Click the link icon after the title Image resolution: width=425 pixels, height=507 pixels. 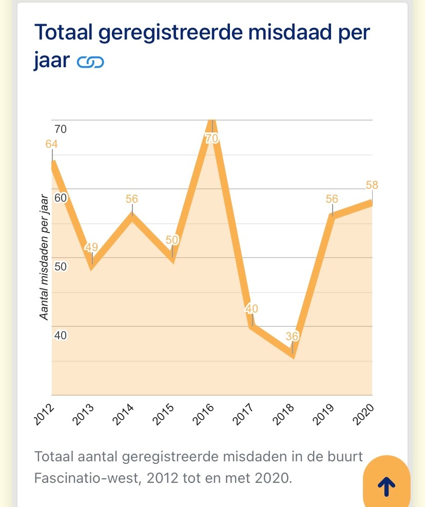[x=90, y=63]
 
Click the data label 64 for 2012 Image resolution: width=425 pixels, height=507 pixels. [x=51, y=144]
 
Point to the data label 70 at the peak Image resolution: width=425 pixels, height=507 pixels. [x=212, y=138]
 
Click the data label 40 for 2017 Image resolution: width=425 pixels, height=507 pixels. [x=252, y=309]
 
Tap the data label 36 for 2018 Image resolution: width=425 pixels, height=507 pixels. [x=292, y=337]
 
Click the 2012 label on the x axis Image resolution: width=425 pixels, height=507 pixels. [x=45, y=415]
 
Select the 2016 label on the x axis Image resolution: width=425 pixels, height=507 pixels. [x=204, y=415]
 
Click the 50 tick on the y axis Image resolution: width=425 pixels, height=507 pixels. [x=61, y=266]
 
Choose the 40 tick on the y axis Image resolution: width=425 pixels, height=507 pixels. [x=61, y=335]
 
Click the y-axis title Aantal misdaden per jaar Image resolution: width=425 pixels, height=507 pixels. [x=45, y=257]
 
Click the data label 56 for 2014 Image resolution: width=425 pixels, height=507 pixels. [x=132, y=199]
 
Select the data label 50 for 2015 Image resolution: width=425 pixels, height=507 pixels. [x=172, y=240]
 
